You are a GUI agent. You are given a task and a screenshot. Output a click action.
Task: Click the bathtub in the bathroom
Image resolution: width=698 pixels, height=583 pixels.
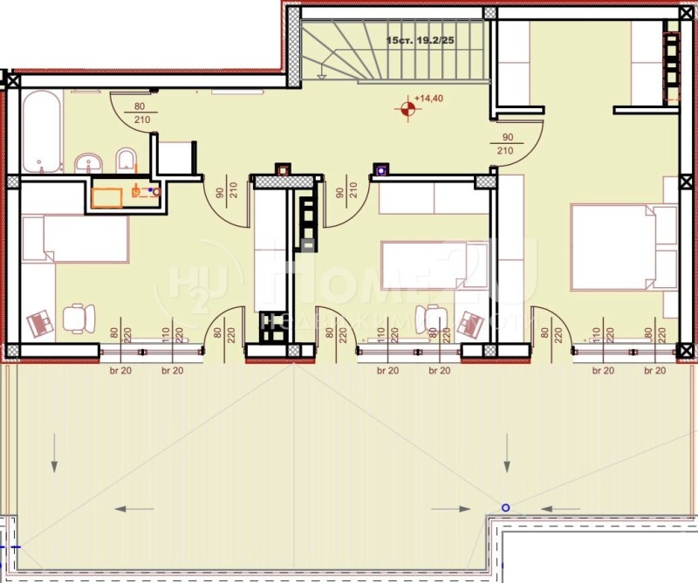42,133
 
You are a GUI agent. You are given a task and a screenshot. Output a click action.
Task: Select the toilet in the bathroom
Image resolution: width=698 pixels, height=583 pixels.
127,160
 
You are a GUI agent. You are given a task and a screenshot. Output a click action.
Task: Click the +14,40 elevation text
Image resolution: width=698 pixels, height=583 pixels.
430,99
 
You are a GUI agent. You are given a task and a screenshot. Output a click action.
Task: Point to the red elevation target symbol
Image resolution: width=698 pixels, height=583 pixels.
407,108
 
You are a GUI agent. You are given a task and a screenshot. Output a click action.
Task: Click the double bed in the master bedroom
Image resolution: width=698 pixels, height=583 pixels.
624,247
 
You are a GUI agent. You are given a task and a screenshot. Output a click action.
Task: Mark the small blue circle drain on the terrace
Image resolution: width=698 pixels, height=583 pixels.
504,507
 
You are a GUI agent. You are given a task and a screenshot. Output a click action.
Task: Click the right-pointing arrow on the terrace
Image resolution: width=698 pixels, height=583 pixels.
451,508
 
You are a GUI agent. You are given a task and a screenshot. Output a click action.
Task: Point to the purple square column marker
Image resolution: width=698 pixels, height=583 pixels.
380,169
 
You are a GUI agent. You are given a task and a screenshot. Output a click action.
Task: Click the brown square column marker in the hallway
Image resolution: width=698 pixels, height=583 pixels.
282,169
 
